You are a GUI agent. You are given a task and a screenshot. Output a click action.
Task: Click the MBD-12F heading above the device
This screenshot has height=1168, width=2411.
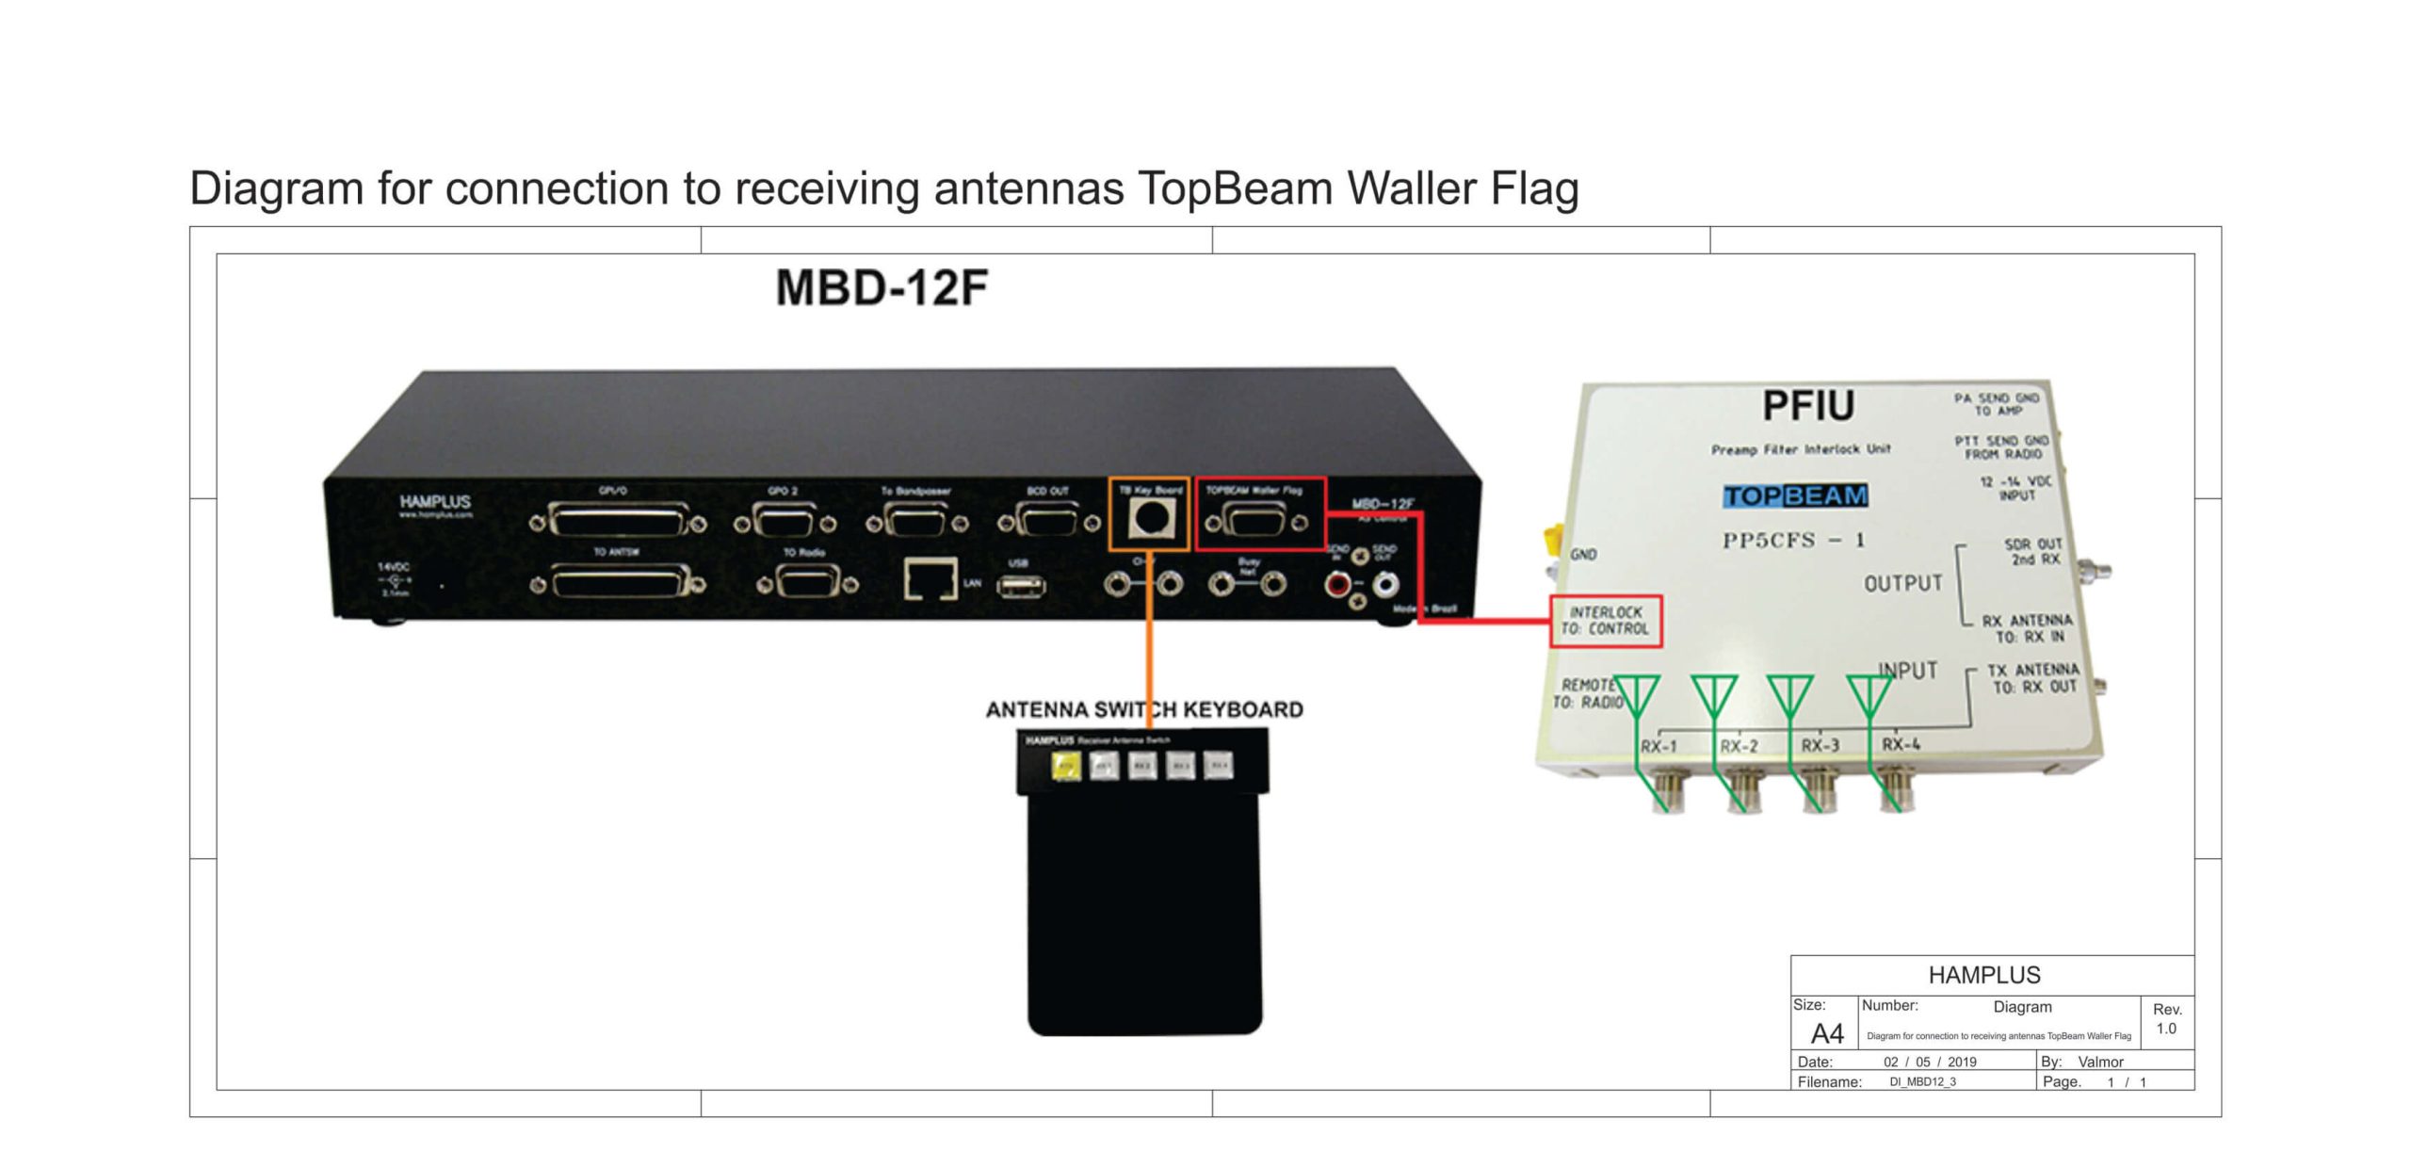click(882, 288)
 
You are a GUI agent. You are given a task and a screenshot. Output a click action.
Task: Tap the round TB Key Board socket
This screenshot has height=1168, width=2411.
click(1147, 518)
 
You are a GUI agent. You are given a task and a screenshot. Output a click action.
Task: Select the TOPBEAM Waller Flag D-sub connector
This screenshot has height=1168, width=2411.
click(1255, 521)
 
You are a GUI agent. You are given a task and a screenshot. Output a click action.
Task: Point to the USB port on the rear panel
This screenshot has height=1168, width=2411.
click(1020, 587)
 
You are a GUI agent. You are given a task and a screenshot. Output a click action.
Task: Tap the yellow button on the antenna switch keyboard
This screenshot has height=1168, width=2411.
click(1065, 766)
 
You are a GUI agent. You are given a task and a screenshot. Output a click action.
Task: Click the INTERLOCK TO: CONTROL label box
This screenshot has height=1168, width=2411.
click(1606, 621)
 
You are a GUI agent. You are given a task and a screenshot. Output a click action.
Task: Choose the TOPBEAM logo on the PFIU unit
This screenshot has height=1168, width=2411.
click(1795, 495)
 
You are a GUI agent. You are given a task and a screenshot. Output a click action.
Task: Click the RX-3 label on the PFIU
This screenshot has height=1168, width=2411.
click(1820, 745)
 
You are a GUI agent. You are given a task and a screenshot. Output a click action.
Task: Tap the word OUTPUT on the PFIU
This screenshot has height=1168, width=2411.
click(1902, 584)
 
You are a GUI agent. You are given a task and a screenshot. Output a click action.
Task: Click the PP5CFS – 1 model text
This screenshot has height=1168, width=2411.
click(1793, 541)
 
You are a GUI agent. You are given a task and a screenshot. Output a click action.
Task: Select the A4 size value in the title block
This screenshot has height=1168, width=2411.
click(1827, 1033)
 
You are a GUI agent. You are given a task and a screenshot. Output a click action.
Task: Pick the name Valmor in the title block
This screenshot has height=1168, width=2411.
click(2100, 1062)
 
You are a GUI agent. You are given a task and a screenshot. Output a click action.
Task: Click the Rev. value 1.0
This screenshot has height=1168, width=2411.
click(2166, 1029)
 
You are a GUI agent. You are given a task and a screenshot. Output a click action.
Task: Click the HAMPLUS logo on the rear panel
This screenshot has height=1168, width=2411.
click(434, 502)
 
